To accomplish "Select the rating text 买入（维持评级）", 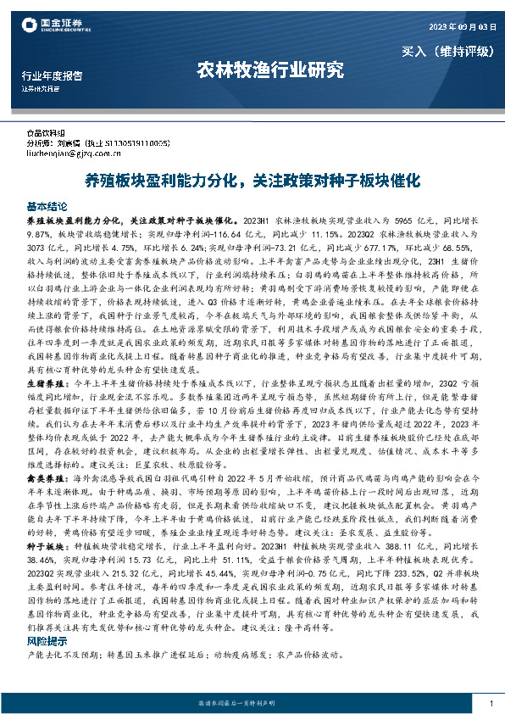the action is tap(447, 51).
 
